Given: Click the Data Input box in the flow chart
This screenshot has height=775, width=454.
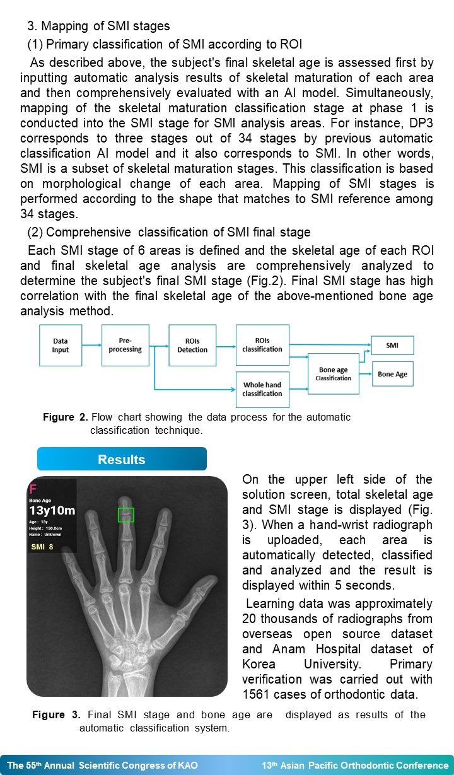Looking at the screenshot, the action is (x=61, y=346).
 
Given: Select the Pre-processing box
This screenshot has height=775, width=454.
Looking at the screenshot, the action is (x=125, y=346).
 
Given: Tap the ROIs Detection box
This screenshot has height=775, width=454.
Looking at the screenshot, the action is (x=192, y=346).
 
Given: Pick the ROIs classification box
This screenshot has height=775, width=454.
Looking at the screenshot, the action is (x=262, y=345).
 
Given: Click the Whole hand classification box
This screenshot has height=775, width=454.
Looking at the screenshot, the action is (x=262, y=390).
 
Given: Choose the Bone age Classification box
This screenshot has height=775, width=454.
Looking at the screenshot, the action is (x=333, y=374).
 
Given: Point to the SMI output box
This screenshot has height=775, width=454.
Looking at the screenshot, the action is (x=392, y=346).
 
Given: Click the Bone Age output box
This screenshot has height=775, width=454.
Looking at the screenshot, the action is (x=393, y=374).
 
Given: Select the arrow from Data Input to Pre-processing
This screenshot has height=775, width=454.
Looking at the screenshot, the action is (x=91, y=345).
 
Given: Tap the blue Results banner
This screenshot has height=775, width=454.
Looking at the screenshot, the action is (x=122, y=459).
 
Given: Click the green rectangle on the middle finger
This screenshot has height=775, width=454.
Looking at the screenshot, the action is (x=126, y=515).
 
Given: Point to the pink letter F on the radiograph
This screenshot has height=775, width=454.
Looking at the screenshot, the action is (x=33, y=489).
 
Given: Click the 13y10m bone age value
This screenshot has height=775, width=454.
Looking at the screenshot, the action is (x=52, y=510).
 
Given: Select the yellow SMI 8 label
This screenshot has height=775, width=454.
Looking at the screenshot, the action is (x=42, y=547).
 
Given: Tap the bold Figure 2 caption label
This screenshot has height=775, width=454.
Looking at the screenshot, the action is (x=66, y=417).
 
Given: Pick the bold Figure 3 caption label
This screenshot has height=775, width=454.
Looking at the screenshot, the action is (x=56, y=714).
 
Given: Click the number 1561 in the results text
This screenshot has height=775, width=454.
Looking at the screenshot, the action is (x=257, y=694).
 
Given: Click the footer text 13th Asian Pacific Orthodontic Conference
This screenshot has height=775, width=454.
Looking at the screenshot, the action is (x=355, y=765).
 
